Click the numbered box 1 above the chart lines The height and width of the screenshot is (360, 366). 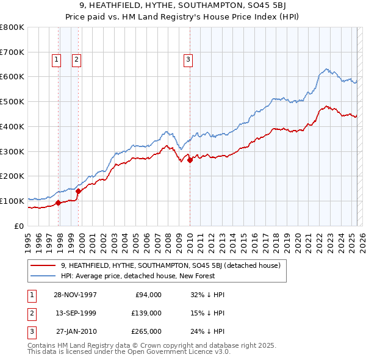56,60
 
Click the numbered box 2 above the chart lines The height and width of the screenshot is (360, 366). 76,60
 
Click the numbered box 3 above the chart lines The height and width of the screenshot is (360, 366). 188,60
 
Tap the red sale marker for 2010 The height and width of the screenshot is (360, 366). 190,160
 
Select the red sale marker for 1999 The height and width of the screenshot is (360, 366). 79,191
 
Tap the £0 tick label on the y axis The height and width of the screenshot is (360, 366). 19,226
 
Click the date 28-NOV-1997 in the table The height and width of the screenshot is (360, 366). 76,295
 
